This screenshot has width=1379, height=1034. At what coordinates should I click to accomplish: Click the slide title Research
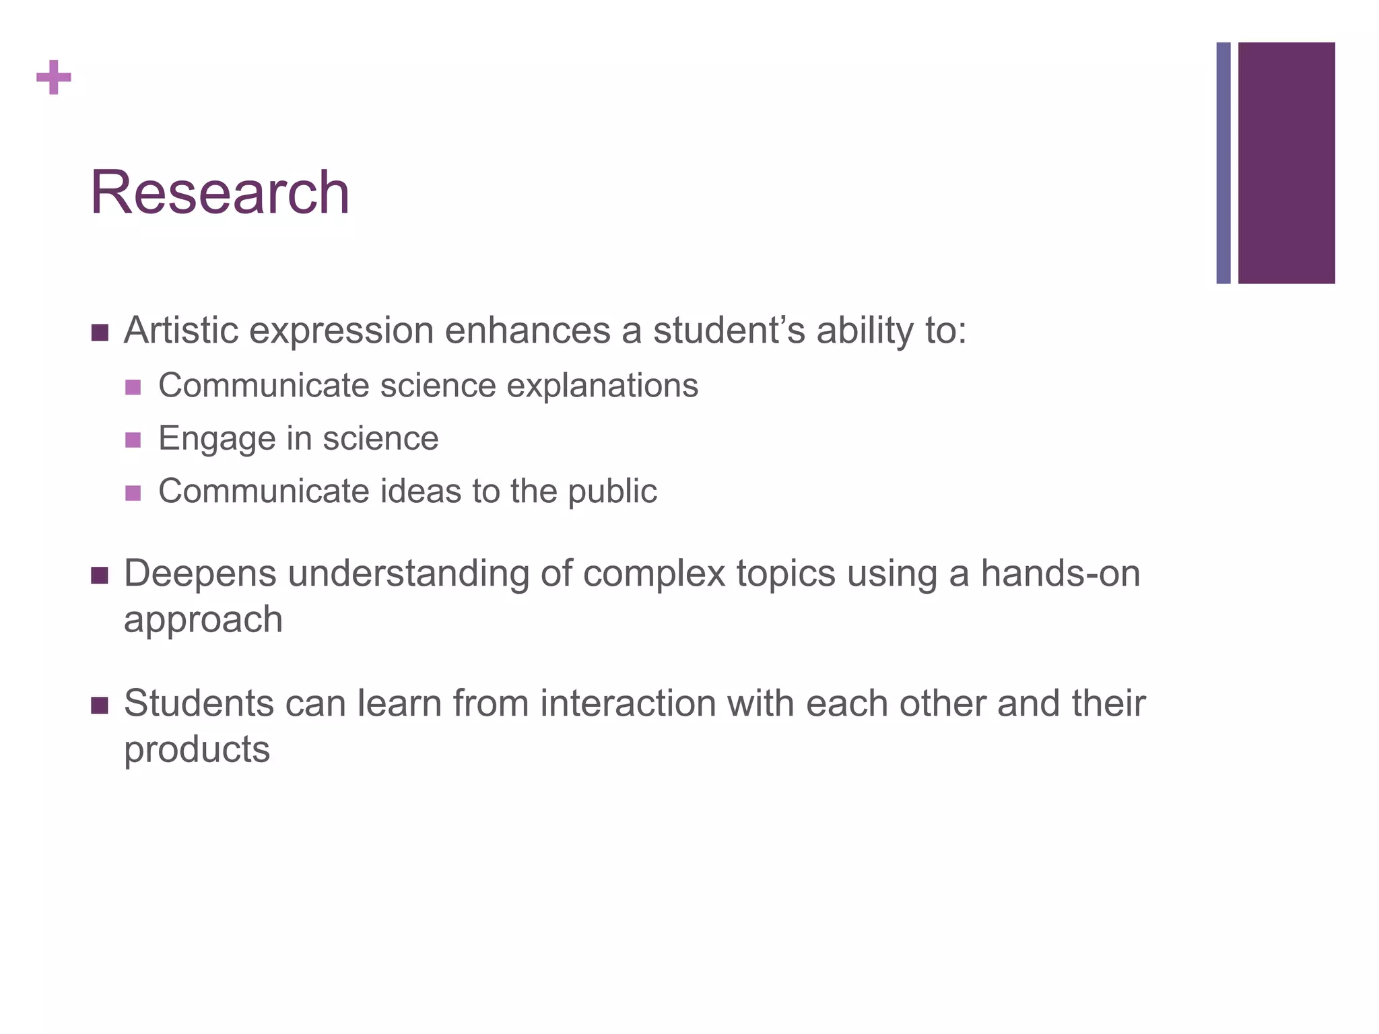[220, 193]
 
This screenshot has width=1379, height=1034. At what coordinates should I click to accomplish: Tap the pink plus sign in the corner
[54, 77]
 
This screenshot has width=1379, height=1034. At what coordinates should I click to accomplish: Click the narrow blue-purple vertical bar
[1223, 163]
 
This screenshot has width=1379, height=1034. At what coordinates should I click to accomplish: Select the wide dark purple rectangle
[1286, 163]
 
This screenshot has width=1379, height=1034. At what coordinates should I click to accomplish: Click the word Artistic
[180, 331]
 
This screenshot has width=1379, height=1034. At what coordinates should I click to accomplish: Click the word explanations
[602, 386]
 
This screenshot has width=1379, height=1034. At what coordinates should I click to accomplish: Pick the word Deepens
[200, 574]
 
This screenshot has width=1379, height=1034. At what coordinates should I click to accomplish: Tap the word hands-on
[1060, 574]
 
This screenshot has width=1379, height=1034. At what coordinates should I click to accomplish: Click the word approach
[203, 620]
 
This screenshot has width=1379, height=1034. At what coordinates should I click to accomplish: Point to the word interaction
[628, 703]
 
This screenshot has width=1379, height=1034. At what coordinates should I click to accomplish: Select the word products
[197, 750]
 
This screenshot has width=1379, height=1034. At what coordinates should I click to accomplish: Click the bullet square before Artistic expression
[100, 333]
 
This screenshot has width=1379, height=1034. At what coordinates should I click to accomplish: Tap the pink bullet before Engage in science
[133, 440]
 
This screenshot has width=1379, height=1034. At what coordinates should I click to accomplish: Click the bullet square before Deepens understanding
[100, 576]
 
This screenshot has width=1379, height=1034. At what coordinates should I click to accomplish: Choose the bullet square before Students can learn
[100, 705]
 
